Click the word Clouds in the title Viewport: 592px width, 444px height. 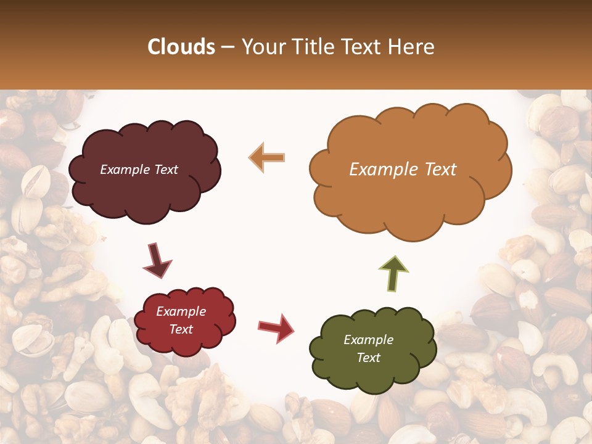coord(181,47)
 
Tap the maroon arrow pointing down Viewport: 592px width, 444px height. coord(157,261)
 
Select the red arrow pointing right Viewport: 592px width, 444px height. coord(276,327)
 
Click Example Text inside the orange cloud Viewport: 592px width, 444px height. coord(403,170)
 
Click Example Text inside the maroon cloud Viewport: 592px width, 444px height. coord(139,170)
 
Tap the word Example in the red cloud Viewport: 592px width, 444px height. coord(181,311)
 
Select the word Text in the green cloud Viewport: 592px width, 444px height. coord(368,358)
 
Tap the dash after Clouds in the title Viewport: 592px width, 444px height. coord(228,47)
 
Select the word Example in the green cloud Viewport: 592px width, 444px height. coord(368,340)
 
